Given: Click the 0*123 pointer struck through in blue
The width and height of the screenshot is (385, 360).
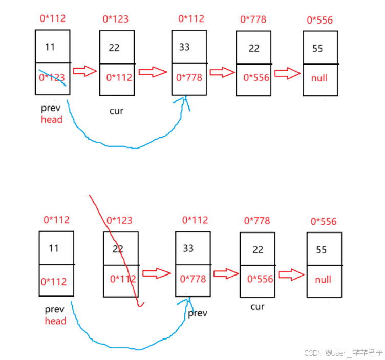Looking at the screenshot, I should coord(52,78).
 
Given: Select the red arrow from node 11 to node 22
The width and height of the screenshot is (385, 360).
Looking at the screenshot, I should coord(84,71).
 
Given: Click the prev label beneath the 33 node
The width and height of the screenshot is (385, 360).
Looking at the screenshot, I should coord(198,313).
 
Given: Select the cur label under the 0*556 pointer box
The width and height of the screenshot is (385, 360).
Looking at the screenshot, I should coord(257,306).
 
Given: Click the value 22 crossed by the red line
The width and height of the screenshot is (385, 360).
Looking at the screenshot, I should coord(118,248).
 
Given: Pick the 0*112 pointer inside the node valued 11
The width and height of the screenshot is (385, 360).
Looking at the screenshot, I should coord(53,282).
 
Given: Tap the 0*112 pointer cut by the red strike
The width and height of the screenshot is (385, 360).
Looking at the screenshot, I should coord(123,279).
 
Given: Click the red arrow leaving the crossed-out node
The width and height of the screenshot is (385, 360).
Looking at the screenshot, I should coord(156,273).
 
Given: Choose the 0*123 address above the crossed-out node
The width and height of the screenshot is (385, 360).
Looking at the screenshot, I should coord(119,221).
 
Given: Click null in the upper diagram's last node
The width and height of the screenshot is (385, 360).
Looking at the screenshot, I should coord(319,79).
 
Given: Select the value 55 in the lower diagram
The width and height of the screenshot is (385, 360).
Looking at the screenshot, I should coord(321,250).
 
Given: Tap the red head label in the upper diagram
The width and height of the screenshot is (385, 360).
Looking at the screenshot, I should coord(52,120).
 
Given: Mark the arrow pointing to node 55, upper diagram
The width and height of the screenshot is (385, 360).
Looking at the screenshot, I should coord(287,73).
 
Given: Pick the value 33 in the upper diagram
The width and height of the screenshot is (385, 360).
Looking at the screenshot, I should coord(184,47).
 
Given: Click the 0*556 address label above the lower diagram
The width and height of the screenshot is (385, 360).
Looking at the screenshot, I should coord(324,222).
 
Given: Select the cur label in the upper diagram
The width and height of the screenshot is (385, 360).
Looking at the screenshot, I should coord(116,111).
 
